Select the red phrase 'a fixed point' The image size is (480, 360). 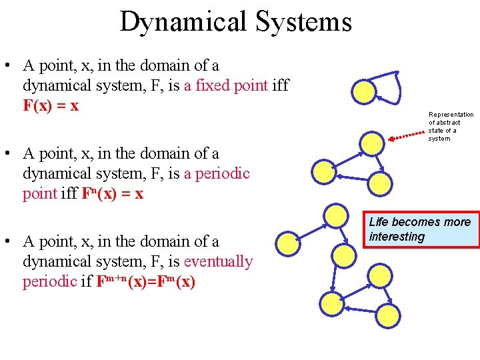coord(231,86)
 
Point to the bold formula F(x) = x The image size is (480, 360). coord(51,106)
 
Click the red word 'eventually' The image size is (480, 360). coord(218,261)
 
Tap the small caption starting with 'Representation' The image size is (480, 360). coord(450,127)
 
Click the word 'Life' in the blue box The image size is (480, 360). coord(378,222)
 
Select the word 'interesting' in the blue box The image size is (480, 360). coord(397,237)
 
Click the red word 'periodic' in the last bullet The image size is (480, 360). coord(49,281)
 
